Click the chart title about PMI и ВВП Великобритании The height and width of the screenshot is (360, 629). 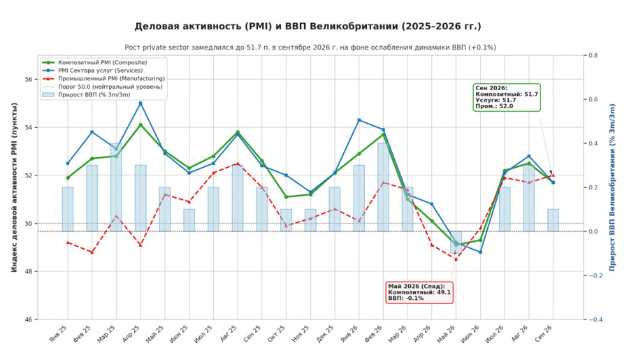[x=308, y=27]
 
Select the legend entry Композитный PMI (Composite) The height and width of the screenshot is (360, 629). [x=102, y=63]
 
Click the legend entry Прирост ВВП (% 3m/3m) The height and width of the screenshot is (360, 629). [x=94, y=94]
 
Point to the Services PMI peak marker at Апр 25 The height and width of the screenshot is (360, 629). [x=140, y=103]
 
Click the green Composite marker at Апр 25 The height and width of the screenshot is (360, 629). [x=140, y=125]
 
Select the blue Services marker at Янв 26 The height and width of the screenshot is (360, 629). [x=359, y=120]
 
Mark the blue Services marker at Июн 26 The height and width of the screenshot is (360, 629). [x=480, y=252]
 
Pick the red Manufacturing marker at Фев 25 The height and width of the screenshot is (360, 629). [x=92, y=252]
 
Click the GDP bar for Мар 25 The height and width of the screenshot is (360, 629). [x=116, y=187]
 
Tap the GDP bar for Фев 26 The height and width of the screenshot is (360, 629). [x=383, y=187]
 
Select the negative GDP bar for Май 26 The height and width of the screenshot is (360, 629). [x=456, y=243]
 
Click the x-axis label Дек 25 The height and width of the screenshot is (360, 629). [x=325, y=333]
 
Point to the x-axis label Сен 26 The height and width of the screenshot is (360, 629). [x=544, y=333]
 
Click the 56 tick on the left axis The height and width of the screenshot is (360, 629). [x=28, y=79]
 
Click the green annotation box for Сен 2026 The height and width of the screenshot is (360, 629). [x=507, y=97]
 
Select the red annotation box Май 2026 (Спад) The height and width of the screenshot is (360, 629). [x=419, y=292]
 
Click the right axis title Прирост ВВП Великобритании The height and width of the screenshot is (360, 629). [x=612, y=187]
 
